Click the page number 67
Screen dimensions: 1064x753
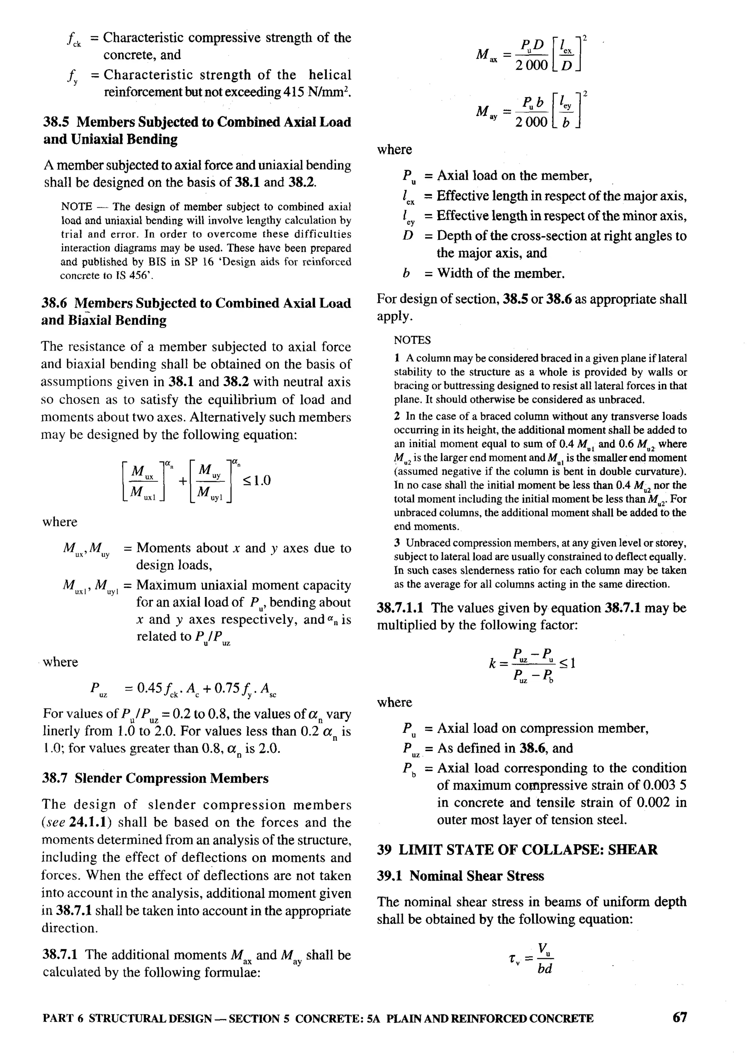[679, 1017]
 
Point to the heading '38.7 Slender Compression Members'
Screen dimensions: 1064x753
[155, 778]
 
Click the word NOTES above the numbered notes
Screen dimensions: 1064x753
[412, 340]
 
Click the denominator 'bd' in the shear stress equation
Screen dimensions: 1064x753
[545, 968]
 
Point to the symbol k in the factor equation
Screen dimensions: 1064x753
[493, 664]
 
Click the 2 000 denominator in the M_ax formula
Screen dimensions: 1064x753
[531, 65]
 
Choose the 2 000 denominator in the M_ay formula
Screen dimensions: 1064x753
[531, 122]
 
